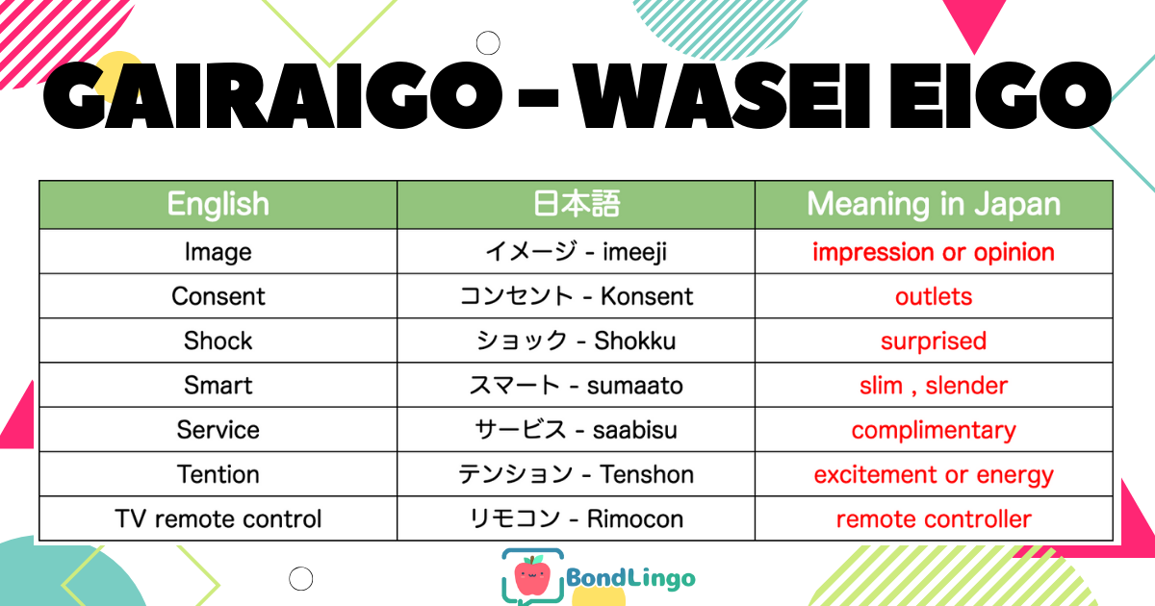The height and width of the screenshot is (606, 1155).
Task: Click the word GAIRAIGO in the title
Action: pyautogui.click(x=272, y=95)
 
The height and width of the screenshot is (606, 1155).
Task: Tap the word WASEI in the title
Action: pyautogui.click(x=722, y=96)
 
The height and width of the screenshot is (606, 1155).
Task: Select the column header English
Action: pyautogui.click(x=218, y=205)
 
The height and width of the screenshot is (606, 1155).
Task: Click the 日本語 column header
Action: pyautogui.click(x=576, y=204)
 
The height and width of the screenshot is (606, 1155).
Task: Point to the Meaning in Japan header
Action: pyautogui.click(x=934, y=205)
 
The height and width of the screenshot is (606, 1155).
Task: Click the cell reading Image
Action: pyautogui.click(x=218, y=252)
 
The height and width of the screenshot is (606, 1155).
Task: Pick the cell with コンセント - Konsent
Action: pyautogui.click(x=576, y=296)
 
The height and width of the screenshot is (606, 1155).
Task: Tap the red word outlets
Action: pyautogui.click(x=934, y=297)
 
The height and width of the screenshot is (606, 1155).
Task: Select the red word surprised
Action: pyautogui.click(x=934, y=341)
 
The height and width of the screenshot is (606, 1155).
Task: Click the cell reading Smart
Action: pyautogui.click(x=218, y=386)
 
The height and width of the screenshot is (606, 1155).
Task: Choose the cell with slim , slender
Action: pyautogui.click(x=934, y=386)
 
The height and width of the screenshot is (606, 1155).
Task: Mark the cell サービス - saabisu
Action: pyautogui.click(x=576, y=430)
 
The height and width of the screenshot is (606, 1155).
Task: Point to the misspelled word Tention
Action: pyautogui.click(x=218, y=474)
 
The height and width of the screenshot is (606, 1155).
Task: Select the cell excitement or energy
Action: pyautogui.click(x=934, y=475)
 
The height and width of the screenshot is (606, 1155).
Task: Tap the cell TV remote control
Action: pyautogui.click(x=218, y=518)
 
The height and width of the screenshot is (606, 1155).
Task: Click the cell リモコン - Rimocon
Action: pyautogui.click(x=576, y=518)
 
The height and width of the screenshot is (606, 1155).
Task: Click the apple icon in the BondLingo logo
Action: pyautogui.click(x=532, y=575)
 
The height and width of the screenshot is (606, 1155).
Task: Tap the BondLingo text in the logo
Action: pyautogui.click(x=630, y=578)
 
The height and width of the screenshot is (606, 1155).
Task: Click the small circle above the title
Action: pyautogui.click(x=488, y=42)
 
